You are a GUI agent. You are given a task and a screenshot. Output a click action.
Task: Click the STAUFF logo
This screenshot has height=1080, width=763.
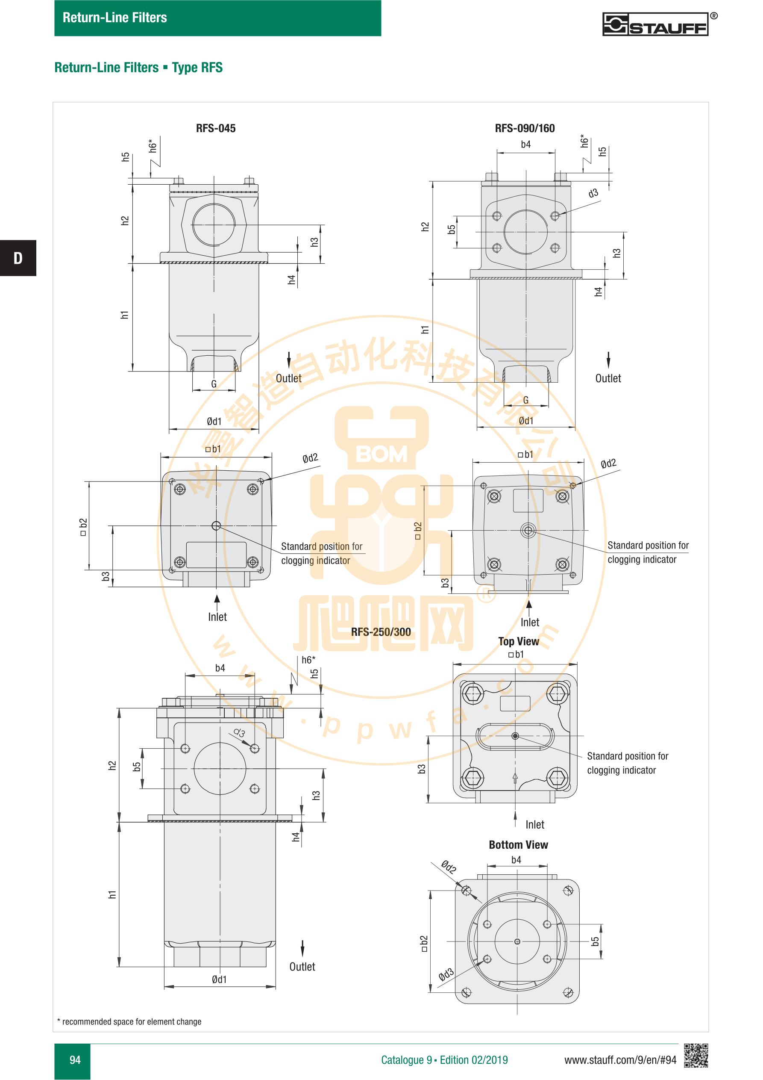pyautogui.click(x=656, y=24)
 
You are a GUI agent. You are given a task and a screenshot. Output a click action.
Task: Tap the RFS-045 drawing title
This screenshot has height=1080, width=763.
pyautogui.click(x=216, y=128)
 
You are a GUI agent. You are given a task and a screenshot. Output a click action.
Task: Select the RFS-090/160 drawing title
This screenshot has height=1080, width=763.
pyautogui.click(x=525, y=128)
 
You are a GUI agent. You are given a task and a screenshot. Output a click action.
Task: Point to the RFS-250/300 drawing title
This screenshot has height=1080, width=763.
pyautogui.click(x=381, y=632)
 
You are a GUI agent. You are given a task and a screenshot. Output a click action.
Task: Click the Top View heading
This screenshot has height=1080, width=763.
pyautogui.click(x=519, y=642)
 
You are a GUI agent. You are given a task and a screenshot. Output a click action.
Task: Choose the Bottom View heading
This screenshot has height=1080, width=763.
pyautogui.click(x=519, y=845)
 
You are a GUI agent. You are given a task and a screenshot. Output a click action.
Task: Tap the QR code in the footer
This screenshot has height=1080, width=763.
pyautogui.click(x=696, y=1055)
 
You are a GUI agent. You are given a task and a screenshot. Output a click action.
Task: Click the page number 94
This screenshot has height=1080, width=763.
pyautogui.click(x=75, y=1060)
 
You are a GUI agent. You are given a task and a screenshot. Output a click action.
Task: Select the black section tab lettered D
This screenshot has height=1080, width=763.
pyautogui.click(x=18, y=258)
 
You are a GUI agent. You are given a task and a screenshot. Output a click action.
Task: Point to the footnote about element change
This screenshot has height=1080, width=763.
pyautogui.click(x=129, y=1021)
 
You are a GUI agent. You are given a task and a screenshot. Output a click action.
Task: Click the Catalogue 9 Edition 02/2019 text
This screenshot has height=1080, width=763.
pyautogui.click(x=444, y=1060)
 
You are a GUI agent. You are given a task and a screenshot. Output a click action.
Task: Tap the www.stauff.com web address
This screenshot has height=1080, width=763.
pyautogui.click(x=620, y=1060)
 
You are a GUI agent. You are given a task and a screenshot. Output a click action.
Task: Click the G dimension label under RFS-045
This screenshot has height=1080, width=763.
pyautogui.click(x=214, y=384)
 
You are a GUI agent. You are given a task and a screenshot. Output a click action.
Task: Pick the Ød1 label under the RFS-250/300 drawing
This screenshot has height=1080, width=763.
pyautogui.click(x=219, y=980)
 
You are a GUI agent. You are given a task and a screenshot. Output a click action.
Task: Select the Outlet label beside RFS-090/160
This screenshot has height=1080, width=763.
pyautogui.click(x=608, y=378)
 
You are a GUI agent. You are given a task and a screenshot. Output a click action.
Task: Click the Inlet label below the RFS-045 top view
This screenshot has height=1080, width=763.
pyautogui.click(x=217, y=617)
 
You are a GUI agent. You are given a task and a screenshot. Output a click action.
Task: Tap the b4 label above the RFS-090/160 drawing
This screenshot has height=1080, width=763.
pyautogui.click(x=525, y=145)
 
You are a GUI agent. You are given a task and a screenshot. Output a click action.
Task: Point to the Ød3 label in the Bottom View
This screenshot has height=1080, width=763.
pyautogui.click(x=446, y=974)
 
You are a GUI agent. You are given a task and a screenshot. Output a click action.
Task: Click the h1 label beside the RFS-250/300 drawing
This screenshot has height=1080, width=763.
pyautogui.click(x=112, y=894)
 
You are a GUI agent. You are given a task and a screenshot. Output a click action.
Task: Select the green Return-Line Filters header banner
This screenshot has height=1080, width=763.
pyautogui.click(x=217, y=18)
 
